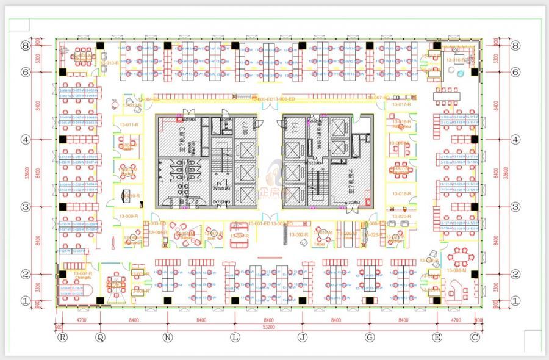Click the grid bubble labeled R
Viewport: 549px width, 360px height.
click(x=62, y=336)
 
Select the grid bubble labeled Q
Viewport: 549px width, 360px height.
click(x=100, y=336)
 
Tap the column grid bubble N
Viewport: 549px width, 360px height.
click(x=168, y=336)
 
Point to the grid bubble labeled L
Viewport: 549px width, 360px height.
click(x=235, y=336)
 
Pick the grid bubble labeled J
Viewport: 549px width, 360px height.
click(x=302, y=336)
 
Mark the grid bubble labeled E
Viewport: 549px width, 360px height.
click(x=437, y=336)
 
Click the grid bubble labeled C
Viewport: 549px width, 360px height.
click(x=475, y=336)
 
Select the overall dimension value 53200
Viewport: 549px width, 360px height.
click(x=268, y=327)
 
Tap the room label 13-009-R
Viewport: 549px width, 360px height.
click(x=129, y=216)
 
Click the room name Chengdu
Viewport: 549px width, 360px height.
click(x=82, y=277)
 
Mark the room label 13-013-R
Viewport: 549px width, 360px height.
click(x=109, y=63)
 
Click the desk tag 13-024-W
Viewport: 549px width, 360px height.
click(x=65, y=251)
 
